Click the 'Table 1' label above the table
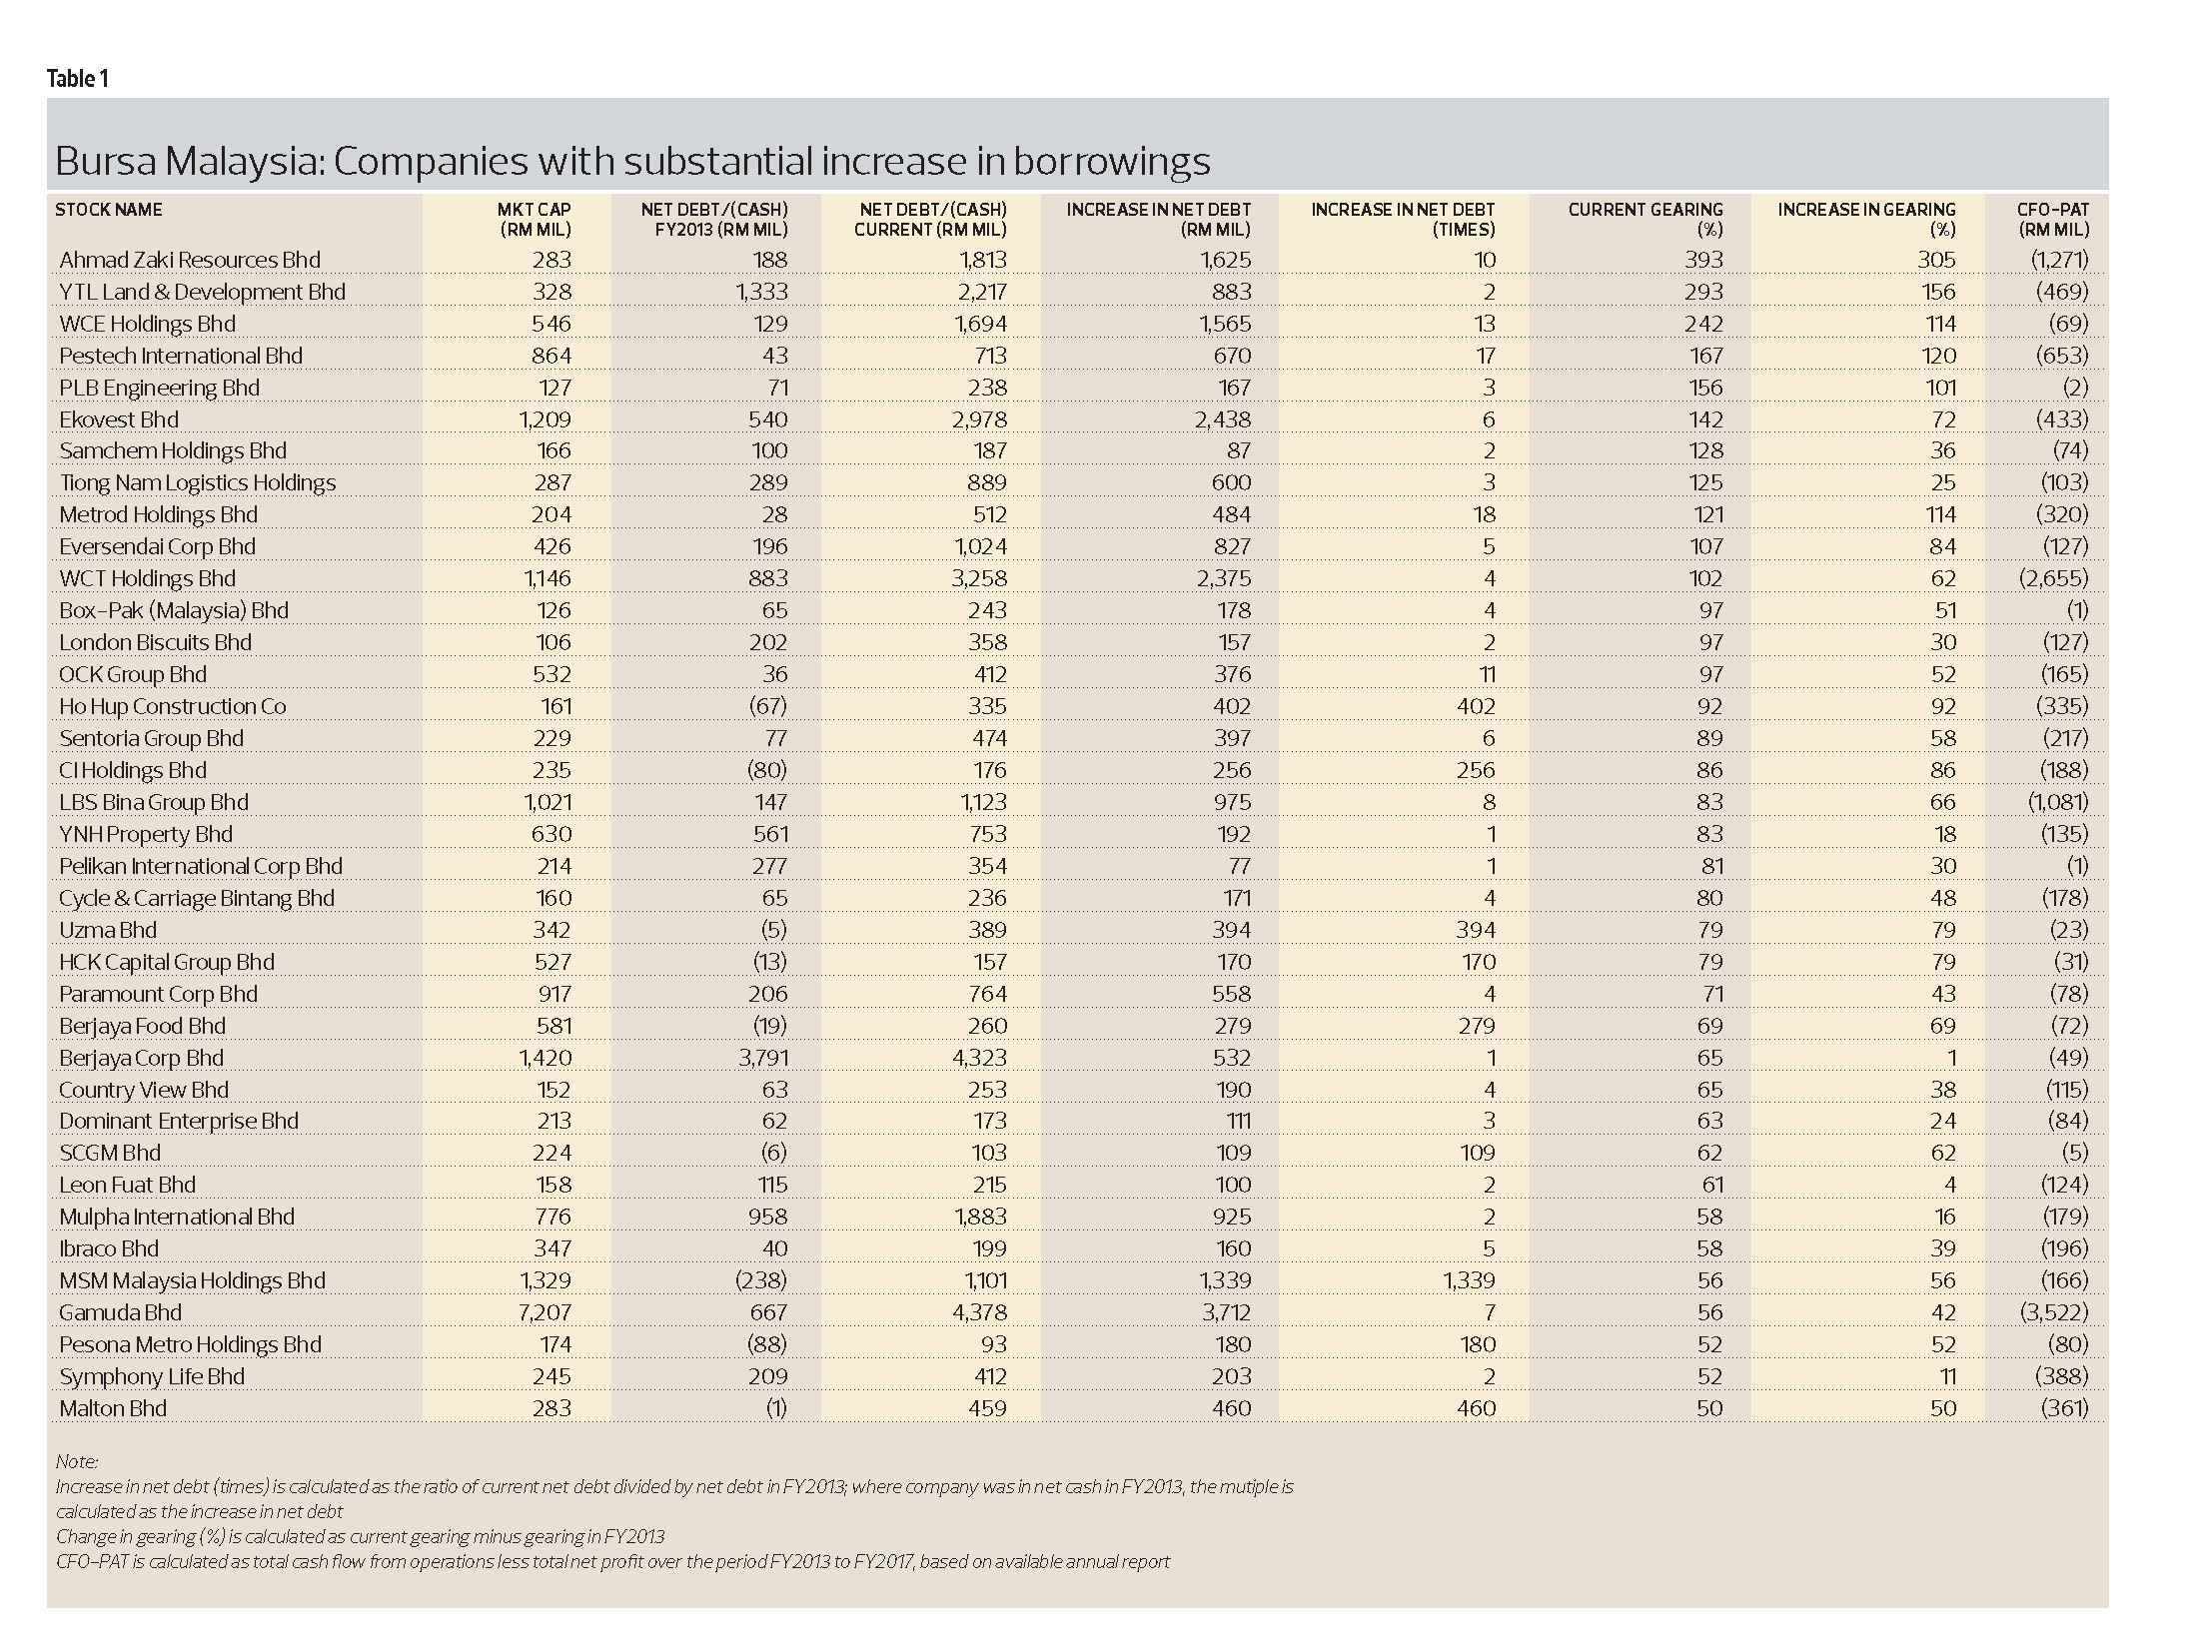pos(77,79)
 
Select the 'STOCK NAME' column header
pos(109,210)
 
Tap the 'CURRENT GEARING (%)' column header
pos(1645,219)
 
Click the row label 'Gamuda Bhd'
pos(121,1312)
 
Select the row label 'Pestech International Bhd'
pos(181,356)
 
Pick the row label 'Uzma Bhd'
pos(108,930)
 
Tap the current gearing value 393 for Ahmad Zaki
pos(1703,260)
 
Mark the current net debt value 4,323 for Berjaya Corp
pos(979,1058)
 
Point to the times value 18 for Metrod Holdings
pos(1484,514)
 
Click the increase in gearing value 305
pos(1935,260)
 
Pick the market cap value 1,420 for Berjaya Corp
pos(545,1058)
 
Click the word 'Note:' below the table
pos(77,1462)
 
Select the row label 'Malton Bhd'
pos(113,1408)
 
